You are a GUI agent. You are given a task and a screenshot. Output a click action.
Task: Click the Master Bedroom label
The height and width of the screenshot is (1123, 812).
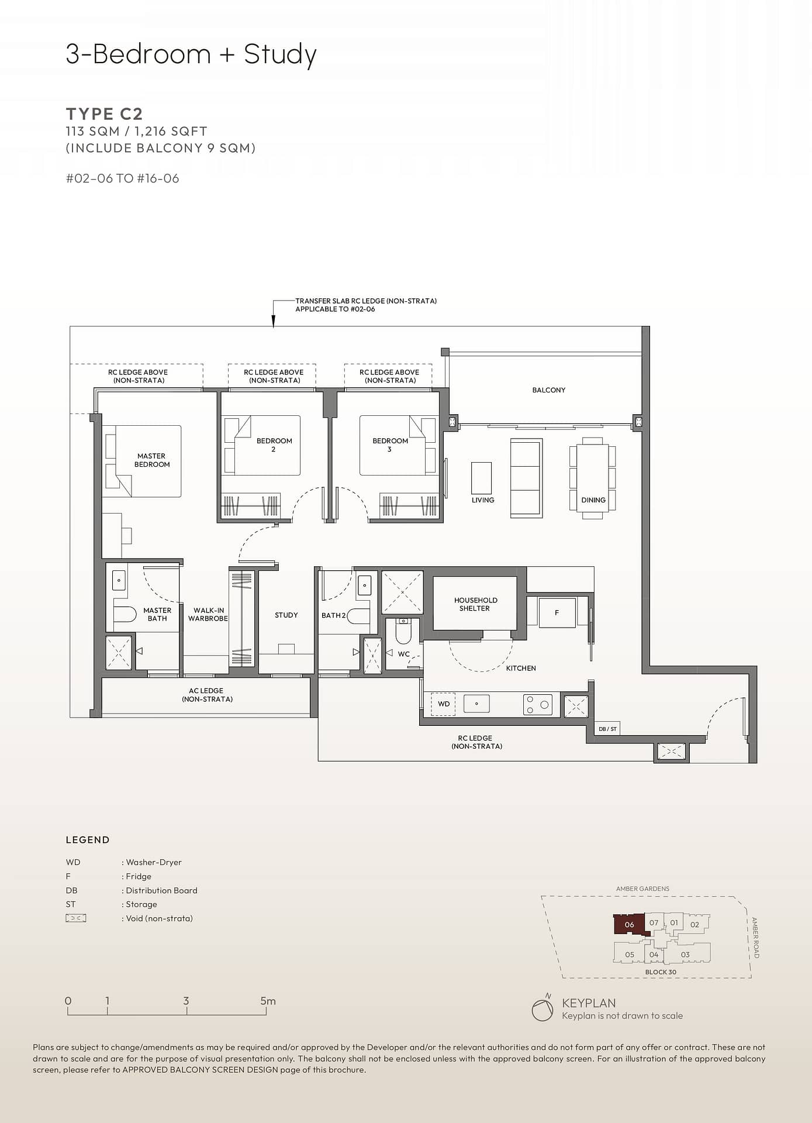tap(152, 460)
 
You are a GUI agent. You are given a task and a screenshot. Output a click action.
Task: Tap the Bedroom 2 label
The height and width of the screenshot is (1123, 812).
tap(274, 445)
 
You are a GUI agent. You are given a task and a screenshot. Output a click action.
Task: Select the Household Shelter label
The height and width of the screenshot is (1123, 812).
tap(475, 604)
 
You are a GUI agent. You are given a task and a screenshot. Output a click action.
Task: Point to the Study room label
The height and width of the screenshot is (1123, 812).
tap(286, 615)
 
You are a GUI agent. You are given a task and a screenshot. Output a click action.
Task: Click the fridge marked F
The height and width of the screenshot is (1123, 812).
tap(557, 612)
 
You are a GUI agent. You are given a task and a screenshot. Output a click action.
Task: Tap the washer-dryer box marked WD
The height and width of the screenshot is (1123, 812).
tap(444, 704)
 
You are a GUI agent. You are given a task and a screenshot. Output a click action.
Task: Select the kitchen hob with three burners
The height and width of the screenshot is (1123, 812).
tap(538, 704)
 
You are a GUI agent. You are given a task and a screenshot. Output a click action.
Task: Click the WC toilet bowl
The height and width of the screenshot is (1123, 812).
tap(403, 630)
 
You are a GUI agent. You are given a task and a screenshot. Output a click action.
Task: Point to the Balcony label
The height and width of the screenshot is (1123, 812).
tap(548, 390)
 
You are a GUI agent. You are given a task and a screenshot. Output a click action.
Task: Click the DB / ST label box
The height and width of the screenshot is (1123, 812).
tap(607, 729)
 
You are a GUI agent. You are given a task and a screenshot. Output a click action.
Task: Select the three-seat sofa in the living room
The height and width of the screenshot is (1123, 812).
tap(526, 478)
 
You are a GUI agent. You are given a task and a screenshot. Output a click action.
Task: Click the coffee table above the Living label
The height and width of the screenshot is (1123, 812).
tap(482, 478)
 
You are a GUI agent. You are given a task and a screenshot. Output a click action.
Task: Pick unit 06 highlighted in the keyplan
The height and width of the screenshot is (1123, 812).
tap(629, 925)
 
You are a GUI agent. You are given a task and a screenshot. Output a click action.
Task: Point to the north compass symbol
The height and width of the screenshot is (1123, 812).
tap(543, 1009)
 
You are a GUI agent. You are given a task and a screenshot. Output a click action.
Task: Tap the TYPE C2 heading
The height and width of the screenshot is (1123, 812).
tap(104, 113)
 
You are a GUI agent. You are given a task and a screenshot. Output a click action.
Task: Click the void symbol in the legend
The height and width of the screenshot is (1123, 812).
tap(76, 918)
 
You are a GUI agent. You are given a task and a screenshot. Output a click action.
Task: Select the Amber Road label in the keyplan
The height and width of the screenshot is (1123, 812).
tap(755, 938)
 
